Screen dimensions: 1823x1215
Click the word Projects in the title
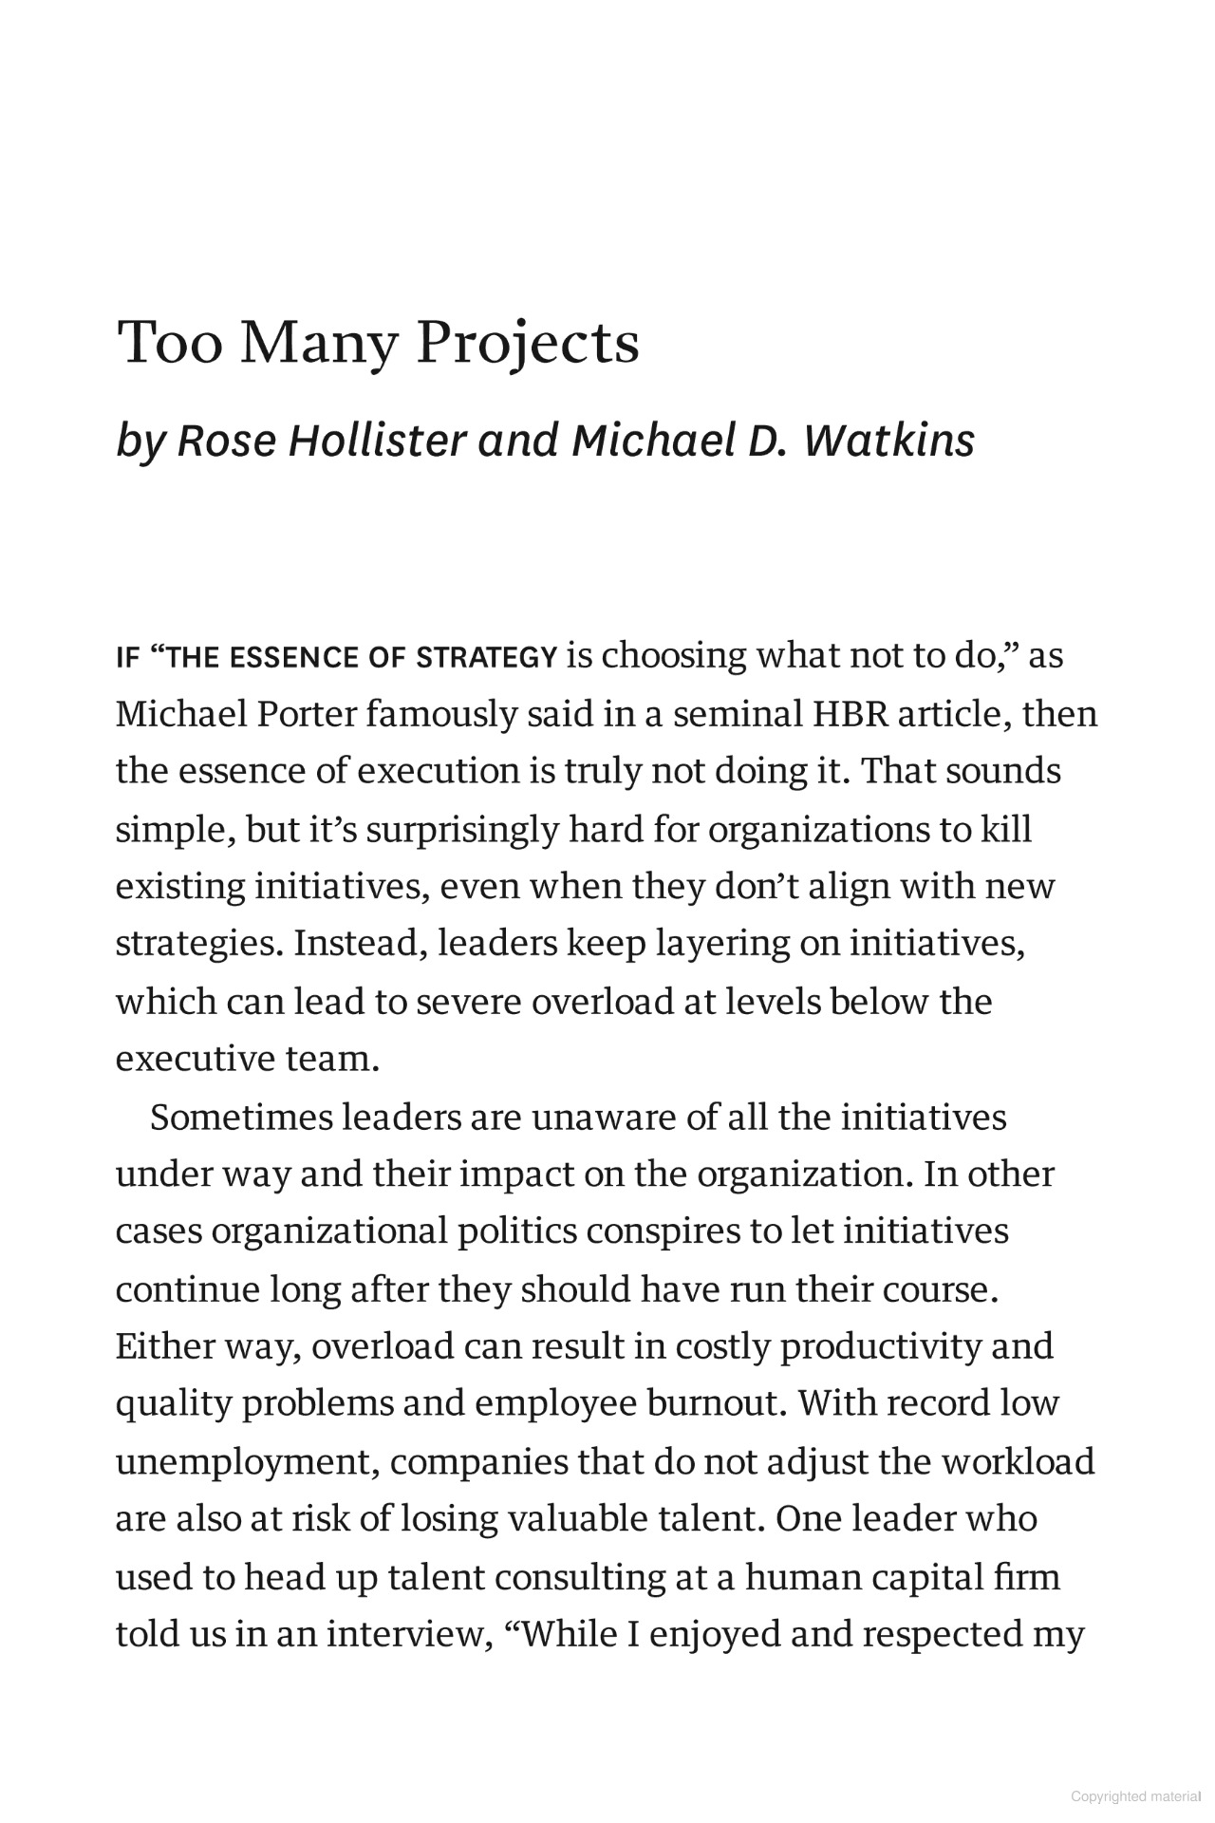(x=527, y=344)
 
